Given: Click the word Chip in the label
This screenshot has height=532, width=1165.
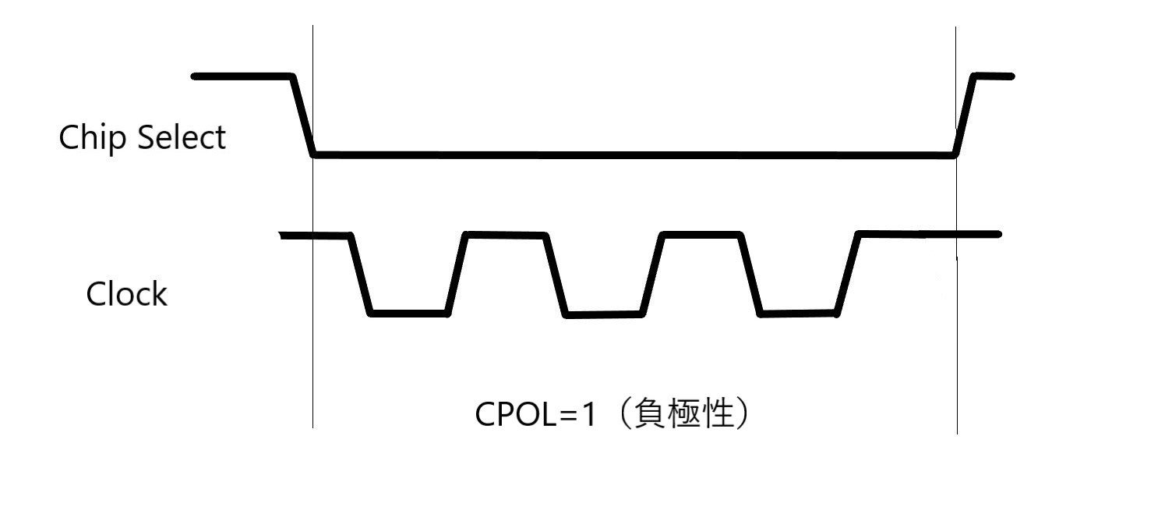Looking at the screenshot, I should [x=86, y=139].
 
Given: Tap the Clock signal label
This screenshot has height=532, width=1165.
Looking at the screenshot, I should [x=126, y=295].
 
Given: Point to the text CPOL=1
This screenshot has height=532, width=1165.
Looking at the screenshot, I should [x=535, y=414].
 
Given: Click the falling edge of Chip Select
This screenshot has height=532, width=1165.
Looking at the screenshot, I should [x=303, y=115].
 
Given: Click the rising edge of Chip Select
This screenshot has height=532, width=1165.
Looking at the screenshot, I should [x=964, y=115].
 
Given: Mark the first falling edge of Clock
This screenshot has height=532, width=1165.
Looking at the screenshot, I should [x=362, y=274].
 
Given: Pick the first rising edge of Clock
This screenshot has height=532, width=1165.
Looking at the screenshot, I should [x=457, y=274].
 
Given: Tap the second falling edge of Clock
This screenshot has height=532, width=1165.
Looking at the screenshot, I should [x=556, y=275].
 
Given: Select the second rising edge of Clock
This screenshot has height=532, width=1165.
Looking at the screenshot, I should [x=653, y=275].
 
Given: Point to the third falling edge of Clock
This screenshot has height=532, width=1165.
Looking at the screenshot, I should [x=750, y=275].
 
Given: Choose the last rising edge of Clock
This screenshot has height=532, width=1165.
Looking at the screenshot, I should [x=848, y=274].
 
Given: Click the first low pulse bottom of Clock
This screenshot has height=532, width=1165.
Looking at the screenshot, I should [x=409, y=314].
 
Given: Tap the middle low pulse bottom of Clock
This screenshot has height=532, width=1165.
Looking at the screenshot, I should [x=605, y=314].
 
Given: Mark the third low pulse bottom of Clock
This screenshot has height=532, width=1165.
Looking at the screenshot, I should [x=799, y=314].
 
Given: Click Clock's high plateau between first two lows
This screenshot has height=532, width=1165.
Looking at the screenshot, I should [x=505, y=234].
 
